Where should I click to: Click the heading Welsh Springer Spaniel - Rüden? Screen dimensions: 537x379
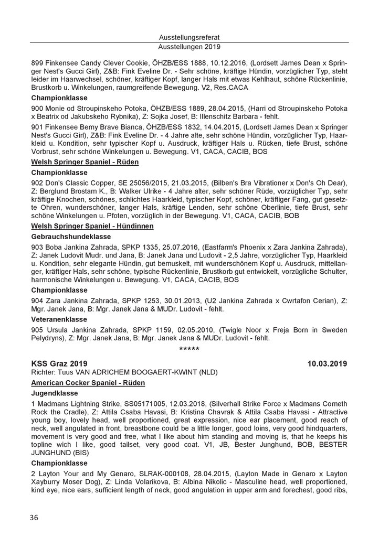[85, 162]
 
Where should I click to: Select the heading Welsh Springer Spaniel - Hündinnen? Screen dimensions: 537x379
[92, 226]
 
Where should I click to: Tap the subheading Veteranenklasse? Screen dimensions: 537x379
[61, 318]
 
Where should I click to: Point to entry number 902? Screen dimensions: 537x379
[38, 182]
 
